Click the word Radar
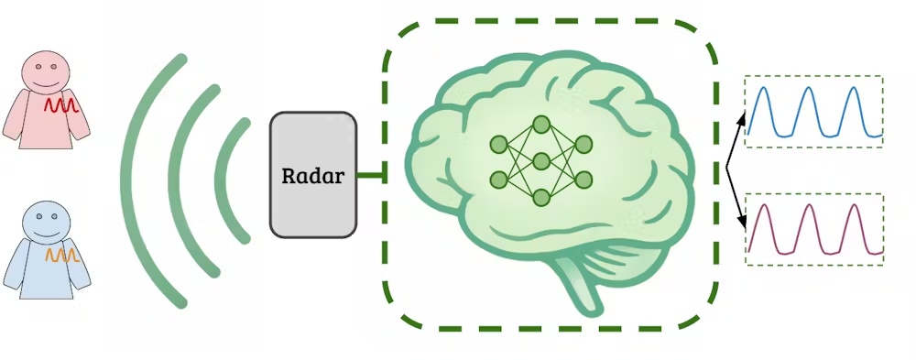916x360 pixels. (313, 176)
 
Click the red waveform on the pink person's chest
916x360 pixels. (63, 107)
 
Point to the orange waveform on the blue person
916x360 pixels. (63, 256)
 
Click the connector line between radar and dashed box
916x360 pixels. (370, 175)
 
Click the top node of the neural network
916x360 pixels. (541, 124)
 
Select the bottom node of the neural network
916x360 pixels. (541, 197)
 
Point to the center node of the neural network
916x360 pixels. (541, 161)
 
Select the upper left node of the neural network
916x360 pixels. (498, 144)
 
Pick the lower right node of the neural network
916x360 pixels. (583, 180)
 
